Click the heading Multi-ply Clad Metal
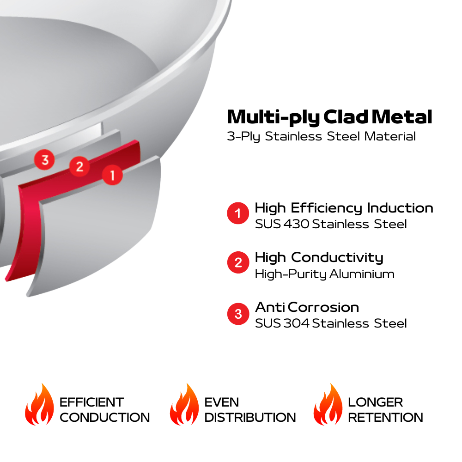tap(329, 117)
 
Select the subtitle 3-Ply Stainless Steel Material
tap(321, 137)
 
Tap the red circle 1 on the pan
tap(112, 175)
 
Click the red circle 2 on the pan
tap(79, 166)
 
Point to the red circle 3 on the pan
tap(45, 160)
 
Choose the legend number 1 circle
tap(238, 214)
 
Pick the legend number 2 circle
tap(238, 263)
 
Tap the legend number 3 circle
tap(238, 314)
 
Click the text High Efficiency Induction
tap(344, 208)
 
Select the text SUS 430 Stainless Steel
tap(331, 225)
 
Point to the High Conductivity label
tap(319, 257)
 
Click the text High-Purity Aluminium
tap(324, 274)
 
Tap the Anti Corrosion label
tap(307, 307)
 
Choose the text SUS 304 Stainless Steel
tap(331, 323)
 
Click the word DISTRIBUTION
tap(250, 418)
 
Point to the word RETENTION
tap(385, 418)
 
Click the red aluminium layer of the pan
tap(28, 222)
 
